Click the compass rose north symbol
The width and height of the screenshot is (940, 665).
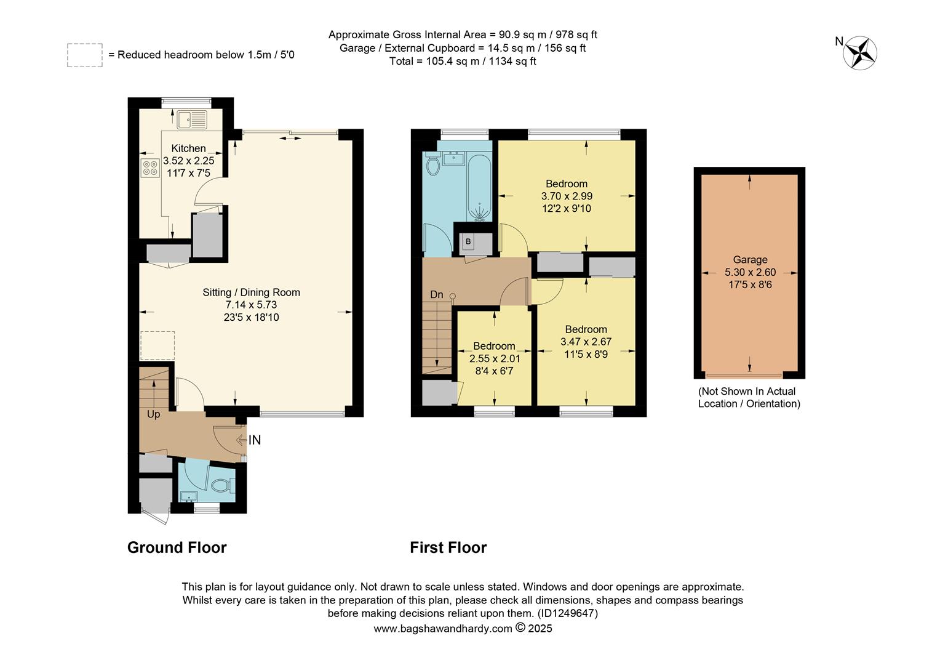click(861, 52)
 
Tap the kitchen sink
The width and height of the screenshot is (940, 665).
click(193, 119)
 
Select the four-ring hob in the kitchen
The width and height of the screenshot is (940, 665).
click(149, 168)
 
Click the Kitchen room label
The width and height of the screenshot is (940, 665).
click(188, 148)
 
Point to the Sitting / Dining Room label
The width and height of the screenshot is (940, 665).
click(251, 292)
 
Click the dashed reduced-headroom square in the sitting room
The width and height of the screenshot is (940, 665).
click(157, 345)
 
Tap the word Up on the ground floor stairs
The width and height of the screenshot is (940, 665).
click(153, 414)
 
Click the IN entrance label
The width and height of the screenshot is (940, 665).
click(254, 440)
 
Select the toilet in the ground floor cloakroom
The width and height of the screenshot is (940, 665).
click(221, 486)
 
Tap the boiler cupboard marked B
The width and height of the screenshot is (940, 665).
click(468, 242)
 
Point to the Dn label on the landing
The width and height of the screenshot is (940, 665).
click(436, 295)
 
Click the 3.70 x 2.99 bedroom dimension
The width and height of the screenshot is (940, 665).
click(566, 196)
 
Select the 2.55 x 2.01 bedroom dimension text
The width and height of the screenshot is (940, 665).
click(495, 358)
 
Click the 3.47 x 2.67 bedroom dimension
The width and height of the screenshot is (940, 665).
click(586, 342)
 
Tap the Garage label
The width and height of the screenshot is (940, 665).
click(749, 260)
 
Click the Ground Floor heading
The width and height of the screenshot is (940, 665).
click(177, 547)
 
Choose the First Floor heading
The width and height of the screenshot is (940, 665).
click(448, 547)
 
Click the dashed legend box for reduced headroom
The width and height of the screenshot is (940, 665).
click(85, 55)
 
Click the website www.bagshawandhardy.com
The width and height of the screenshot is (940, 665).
click(442, 629)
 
